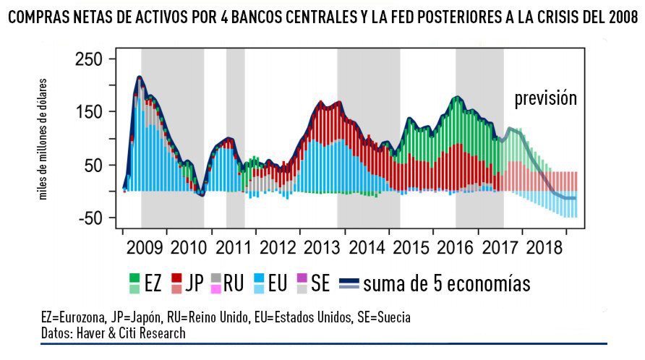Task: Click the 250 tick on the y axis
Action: tap(90, 59)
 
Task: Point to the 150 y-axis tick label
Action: tap(90, 112)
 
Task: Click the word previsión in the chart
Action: tap(545, 98)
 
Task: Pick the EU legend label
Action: tap(278, 283)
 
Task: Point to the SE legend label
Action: tap(320, 283)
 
